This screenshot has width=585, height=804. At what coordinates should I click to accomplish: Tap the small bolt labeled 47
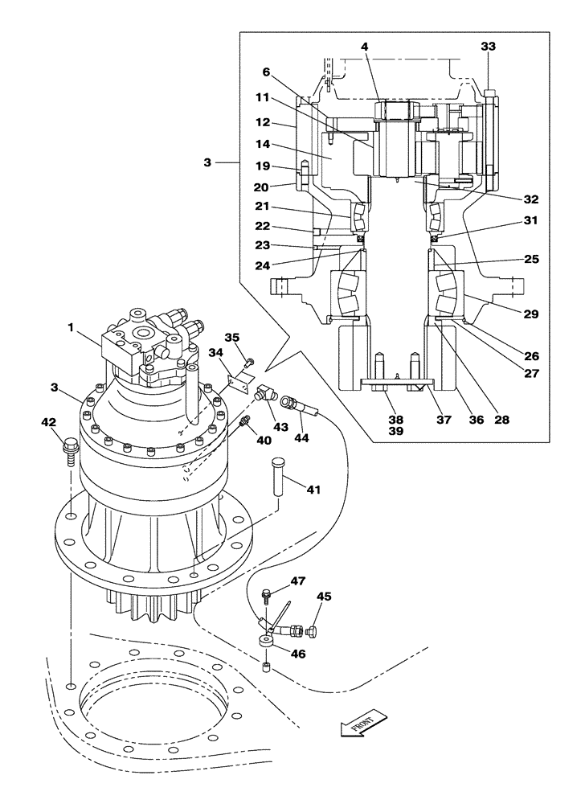point(266,596)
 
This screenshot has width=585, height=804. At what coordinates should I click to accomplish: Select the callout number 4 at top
point(364,47)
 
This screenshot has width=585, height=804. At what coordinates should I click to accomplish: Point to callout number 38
point(395,419)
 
